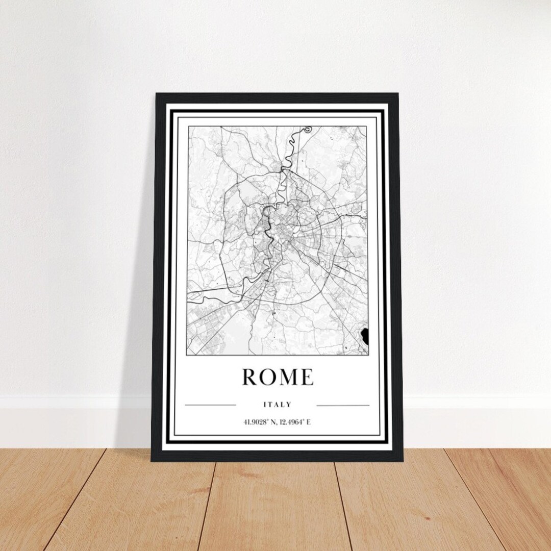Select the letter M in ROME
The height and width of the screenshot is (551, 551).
[287, 377]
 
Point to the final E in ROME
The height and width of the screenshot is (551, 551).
[306, 377]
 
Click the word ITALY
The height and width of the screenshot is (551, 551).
[277, 405]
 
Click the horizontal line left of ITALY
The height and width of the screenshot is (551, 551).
[210, 406]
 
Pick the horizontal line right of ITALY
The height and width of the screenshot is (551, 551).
[343, 406]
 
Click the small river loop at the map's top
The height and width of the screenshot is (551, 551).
[307, 130]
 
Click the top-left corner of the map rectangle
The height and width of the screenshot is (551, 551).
[188, 126]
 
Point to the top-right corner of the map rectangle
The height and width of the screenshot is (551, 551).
[366, 126]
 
